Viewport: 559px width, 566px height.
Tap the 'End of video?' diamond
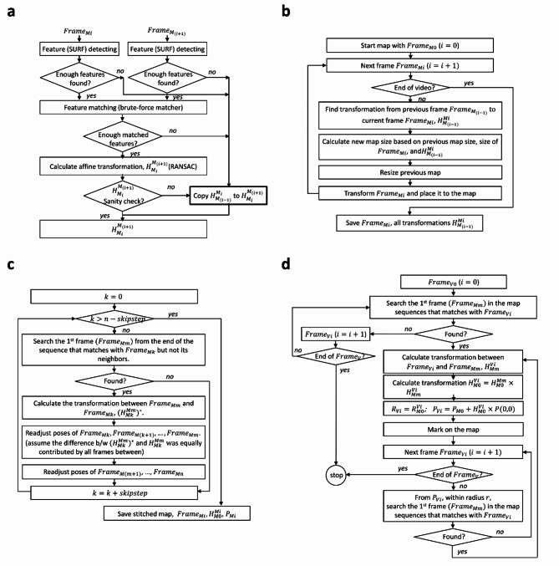tap(418, 84)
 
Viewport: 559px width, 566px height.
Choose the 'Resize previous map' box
tap(417, 174)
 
